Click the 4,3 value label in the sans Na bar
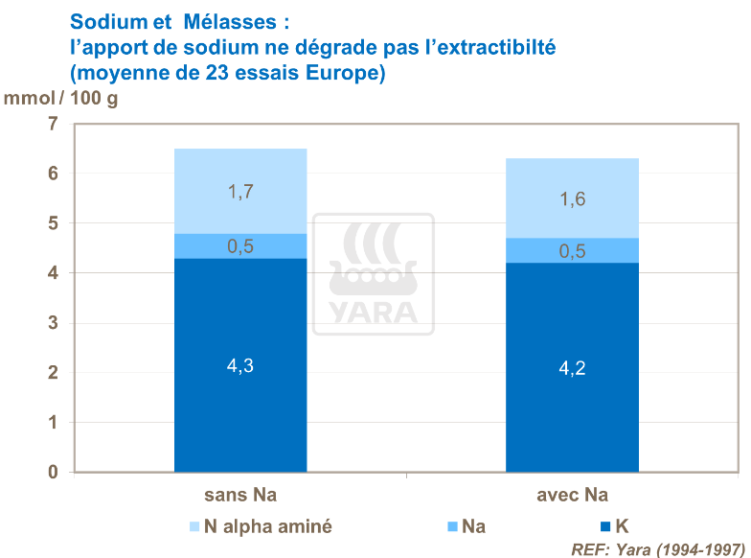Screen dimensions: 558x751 [239, 366]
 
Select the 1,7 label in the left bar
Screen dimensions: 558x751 [239, 192]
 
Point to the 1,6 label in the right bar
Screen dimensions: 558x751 [572, 199]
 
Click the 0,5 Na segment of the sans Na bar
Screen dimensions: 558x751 [239, 246]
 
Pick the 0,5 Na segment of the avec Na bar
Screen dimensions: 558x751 [572, 250]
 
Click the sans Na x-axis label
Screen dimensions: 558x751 [239, 496]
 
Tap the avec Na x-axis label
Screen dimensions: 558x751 [572, 496]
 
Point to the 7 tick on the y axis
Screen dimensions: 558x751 [53, 124]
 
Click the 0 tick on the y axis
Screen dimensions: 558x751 [53, 473]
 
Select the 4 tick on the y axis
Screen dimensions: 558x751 [53, 273]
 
